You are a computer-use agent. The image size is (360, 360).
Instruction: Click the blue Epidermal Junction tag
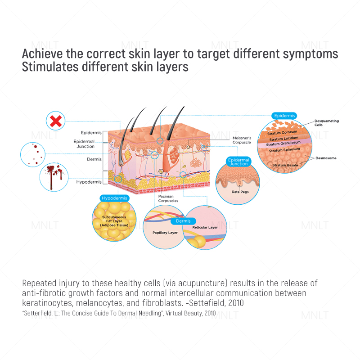coord(238,162)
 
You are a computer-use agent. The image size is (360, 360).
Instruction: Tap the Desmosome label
coord(326,158)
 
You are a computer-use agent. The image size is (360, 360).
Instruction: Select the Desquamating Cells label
coord(327,123)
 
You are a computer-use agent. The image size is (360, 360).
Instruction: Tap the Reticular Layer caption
coord(205,228)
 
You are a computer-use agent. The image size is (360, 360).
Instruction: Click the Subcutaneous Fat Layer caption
coord(113,221)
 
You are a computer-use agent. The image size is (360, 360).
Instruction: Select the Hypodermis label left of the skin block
coord(91,182)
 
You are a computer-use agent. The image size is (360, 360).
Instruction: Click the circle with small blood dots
coord(34,154)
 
